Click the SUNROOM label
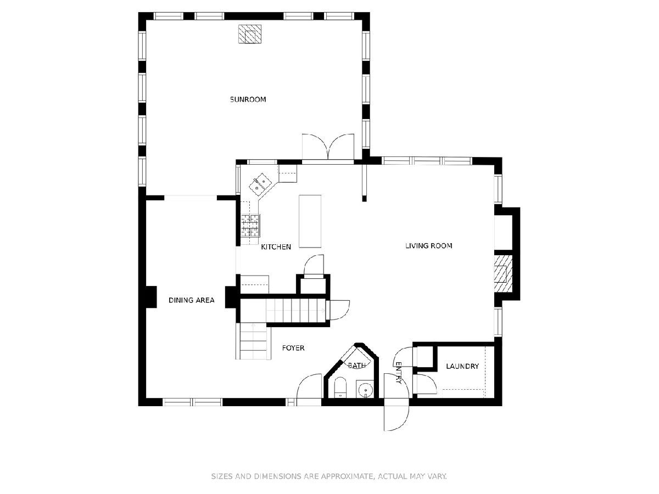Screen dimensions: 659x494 tap(248, 99)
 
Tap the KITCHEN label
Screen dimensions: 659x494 tap(276, 247)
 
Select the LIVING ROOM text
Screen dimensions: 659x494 tap(428, 246)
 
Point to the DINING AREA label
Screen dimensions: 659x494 tap(191, 300)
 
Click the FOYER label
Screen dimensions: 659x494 tap(293, 348)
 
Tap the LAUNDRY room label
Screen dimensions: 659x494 tap(462, 366)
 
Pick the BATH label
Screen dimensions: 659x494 tap(356, 366)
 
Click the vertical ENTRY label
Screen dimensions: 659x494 tap(398, 373)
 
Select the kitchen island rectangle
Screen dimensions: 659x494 tap(310, 221)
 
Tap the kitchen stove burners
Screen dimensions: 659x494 tap(250, 226)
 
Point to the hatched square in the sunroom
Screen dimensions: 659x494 tap(250, 34)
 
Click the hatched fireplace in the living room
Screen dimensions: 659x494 tap(503, 274)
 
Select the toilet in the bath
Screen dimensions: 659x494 tap(340, 388)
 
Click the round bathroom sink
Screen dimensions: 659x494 tap(365, 390)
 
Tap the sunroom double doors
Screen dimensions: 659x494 tap(328, 147)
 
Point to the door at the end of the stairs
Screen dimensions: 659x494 tap(339, 310)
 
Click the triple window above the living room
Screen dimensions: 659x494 tap(427, 161)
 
